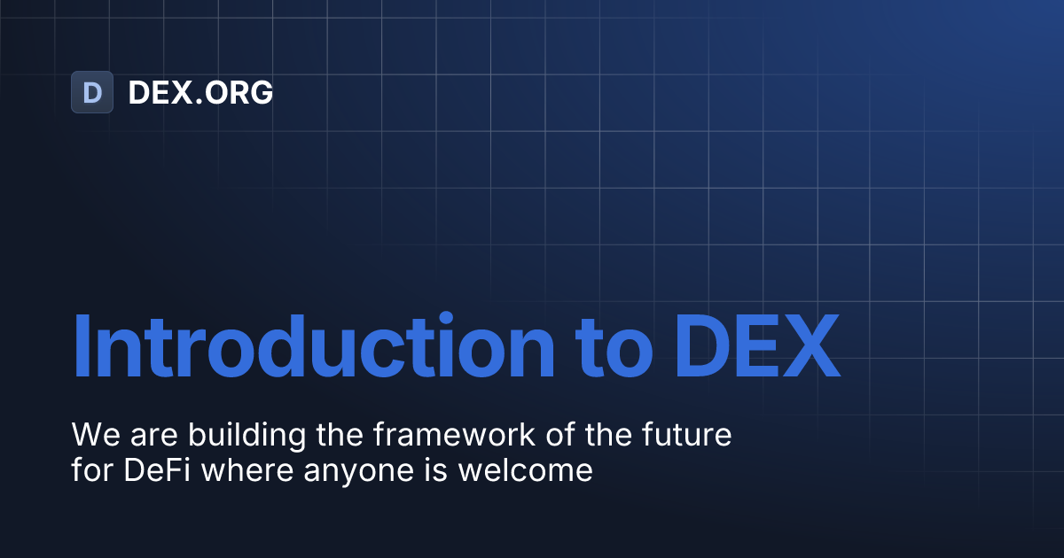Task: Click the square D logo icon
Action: [92, 92]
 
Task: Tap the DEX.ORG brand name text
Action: [200, 92]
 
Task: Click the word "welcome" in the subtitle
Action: [525, 469]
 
